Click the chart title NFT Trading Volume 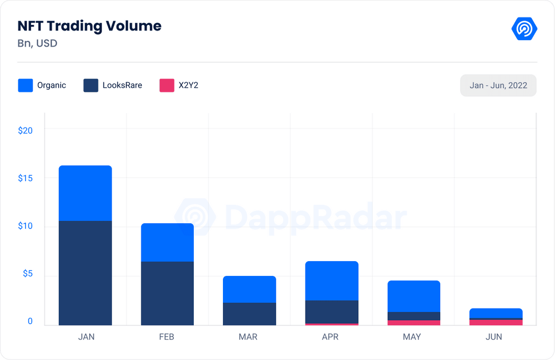89,26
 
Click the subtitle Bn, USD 37,43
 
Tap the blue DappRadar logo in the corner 524,29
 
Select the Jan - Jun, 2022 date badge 498,85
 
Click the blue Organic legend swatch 26,85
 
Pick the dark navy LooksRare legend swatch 91,85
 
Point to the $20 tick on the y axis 25,131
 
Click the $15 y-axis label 25,178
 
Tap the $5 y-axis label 28,273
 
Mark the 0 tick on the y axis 30,321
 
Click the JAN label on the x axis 86,337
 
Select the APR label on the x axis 330,337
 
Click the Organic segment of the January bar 85,193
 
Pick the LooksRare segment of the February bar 167,293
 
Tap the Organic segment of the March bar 249,289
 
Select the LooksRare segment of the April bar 332,312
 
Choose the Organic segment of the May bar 414,296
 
